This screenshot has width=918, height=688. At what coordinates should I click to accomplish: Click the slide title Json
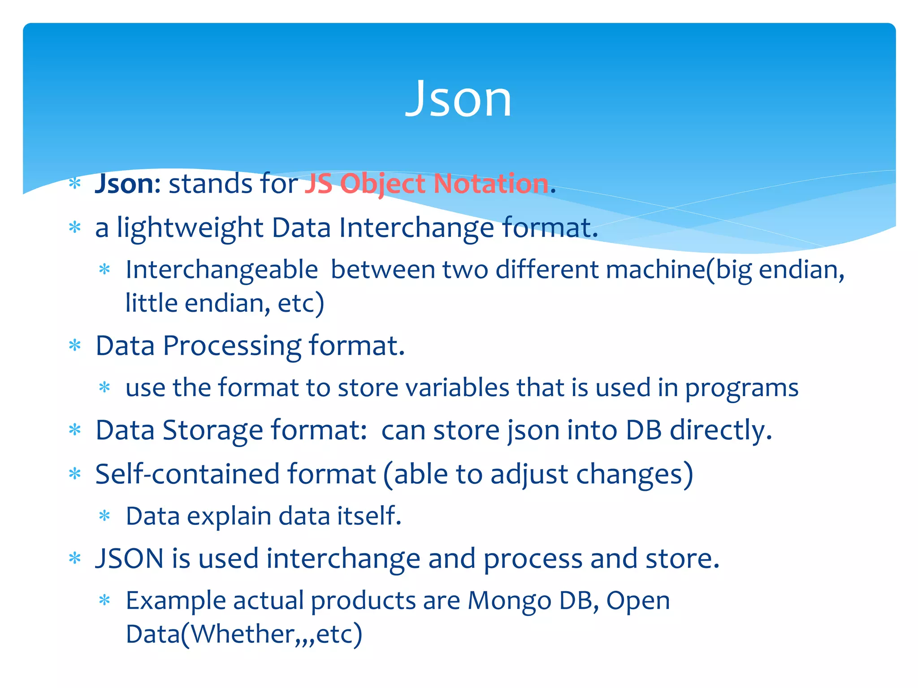[458, 99]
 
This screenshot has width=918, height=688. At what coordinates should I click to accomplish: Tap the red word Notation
[491, 184]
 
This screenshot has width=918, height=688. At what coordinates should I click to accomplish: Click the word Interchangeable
[222, 270]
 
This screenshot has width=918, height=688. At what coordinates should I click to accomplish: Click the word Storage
[212, 431]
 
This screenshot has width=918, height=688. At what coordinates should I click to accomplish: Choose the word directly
[721, 431]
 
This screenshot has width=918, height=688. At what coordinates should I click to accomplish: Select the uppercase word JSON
[130, 559]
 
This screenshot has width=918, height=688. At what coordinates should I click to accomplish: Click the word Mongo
[509, 601]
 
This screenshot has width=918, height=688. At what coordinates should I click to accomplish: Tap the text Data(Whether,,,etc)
[244, 634]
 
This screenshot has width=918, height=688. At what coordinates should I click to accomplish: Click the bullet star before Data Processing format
[75, 346]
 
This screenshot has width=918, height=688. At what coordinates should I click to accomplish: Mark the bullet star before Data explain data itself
[104, 516]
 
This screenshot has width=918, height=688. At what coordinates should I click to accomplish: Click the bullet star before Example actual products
[104, 600]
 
